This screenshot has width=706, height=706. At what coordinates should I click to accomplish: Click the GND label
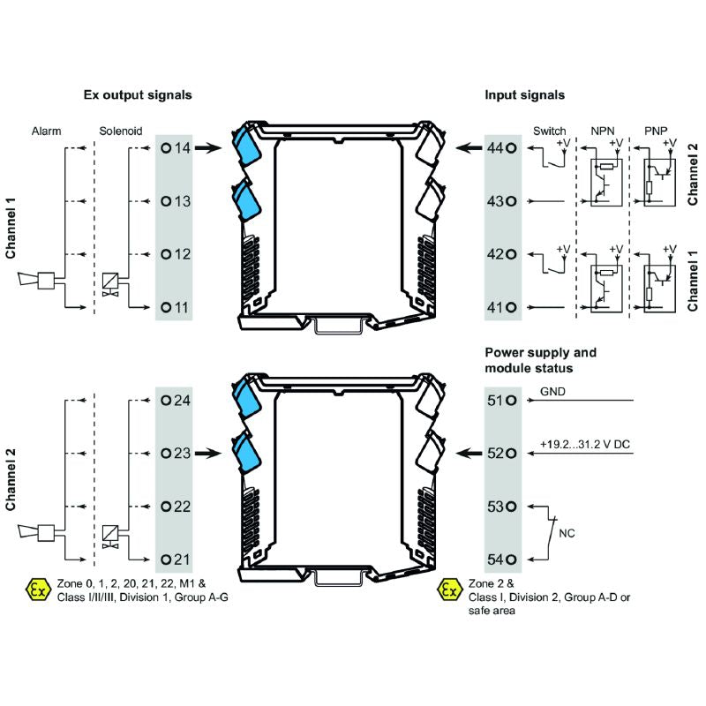[551, 391]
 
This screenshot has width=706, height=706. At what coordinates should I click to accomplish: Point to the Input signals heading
[524, 94]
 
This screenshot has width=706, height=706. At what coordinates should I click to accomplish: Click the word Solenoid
[120, 131]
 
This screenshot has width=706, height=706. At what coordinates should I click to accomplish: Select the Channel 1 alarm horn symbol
[36, 282]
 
